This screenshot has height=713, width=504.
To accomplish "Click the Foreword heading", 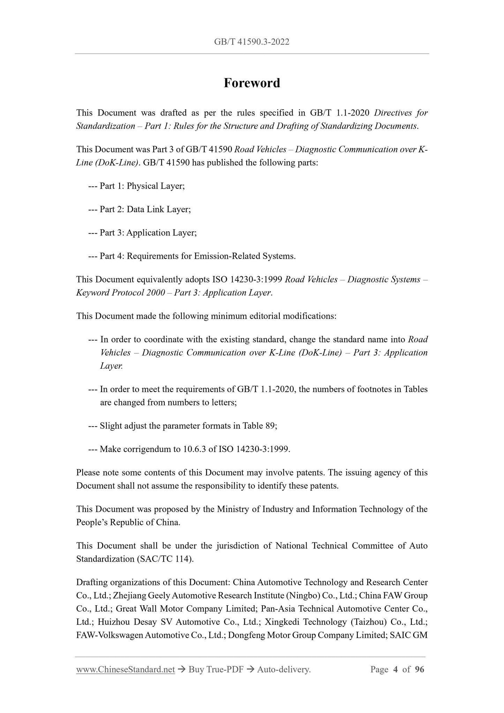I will coord(252,83).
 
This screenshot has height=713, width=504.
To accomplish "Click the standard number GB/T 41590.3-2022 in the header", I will coord(252,42).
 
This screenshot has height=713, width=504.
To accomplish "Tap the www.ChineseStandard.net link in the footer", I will coord(125,669).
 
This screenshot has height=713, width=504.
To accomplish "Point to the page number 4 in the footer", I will coord(395,669).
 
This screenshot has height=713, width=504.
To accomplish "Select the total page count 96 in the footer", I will coord(420,669).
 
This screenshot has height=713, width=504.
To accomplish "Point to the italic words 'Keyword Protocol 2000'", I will coord(121,293).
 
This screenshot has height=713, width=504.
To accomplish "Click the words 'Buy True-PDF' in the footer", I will coord(216,669).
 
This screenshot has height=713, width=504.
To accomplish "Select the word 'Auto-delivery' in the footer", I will coord(283,669).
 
